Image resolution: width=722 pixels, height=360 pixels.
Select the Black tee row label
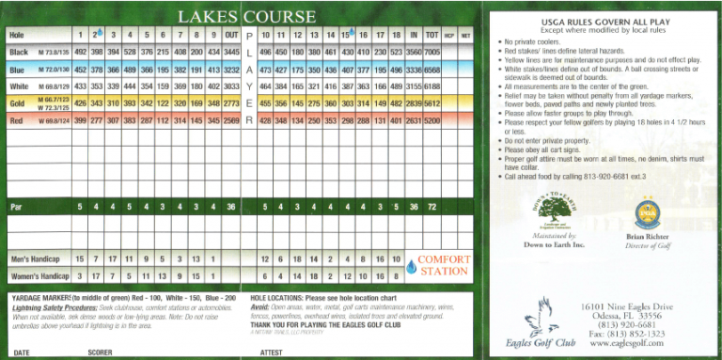(x=20, y=52)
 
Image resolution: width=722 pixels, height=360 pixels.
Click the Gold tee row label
(x=18, y=103)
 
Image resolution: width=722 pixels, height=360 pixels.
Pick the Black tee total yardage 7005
(x=433, y=52)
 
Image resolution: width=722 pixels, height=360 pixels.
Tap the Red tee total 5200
(x=433, y=121)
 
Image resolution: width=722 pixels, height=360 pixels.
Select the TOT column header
(x=433, y=35)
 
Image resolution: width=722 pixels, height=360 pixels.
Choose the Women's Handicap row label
(x=39, y=276)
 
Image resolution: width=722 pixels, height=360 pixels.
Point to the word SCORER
(x=99, y=352)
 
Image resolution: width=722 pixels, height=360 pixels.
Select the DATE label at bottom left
(x=23, y=352)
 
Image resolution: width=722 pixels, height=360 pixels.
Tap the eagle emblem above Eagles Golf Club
(x=541, y=317)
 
